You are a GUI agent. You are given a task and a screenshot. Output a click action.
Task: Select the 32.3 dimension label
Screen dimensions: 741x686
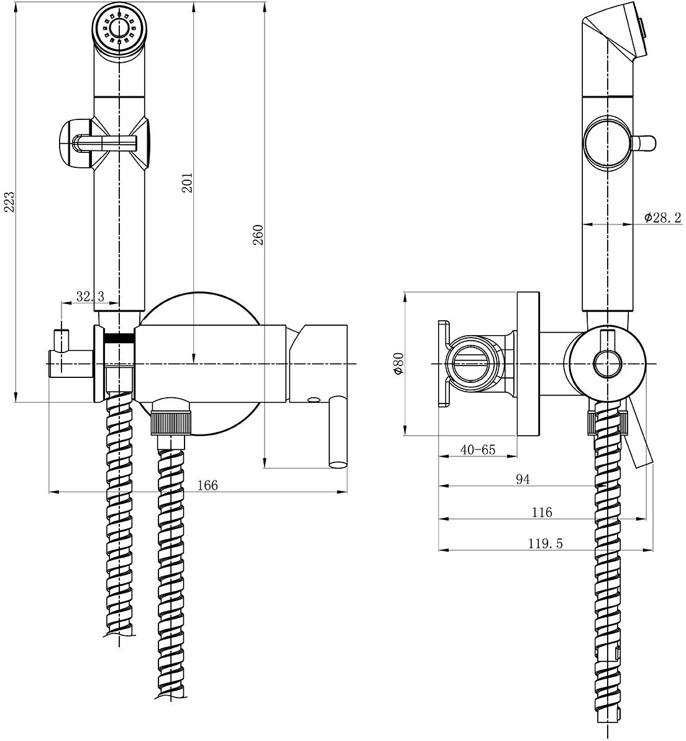pyautogui.click(x=89, y=297)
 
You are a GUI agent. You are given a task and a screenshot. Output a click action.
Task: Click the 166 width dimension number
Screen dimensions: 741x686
pyautogui.click(x=208, y=486)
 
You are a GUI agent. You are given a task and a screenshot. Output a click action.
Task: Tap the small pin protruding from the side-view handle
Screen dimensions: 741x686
pyautogui.click(x=646, y=142)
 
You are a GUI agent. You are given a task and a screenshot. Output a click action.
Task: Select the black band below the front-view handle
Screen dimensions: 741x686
pyautogui.click(x=121, y=338)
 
